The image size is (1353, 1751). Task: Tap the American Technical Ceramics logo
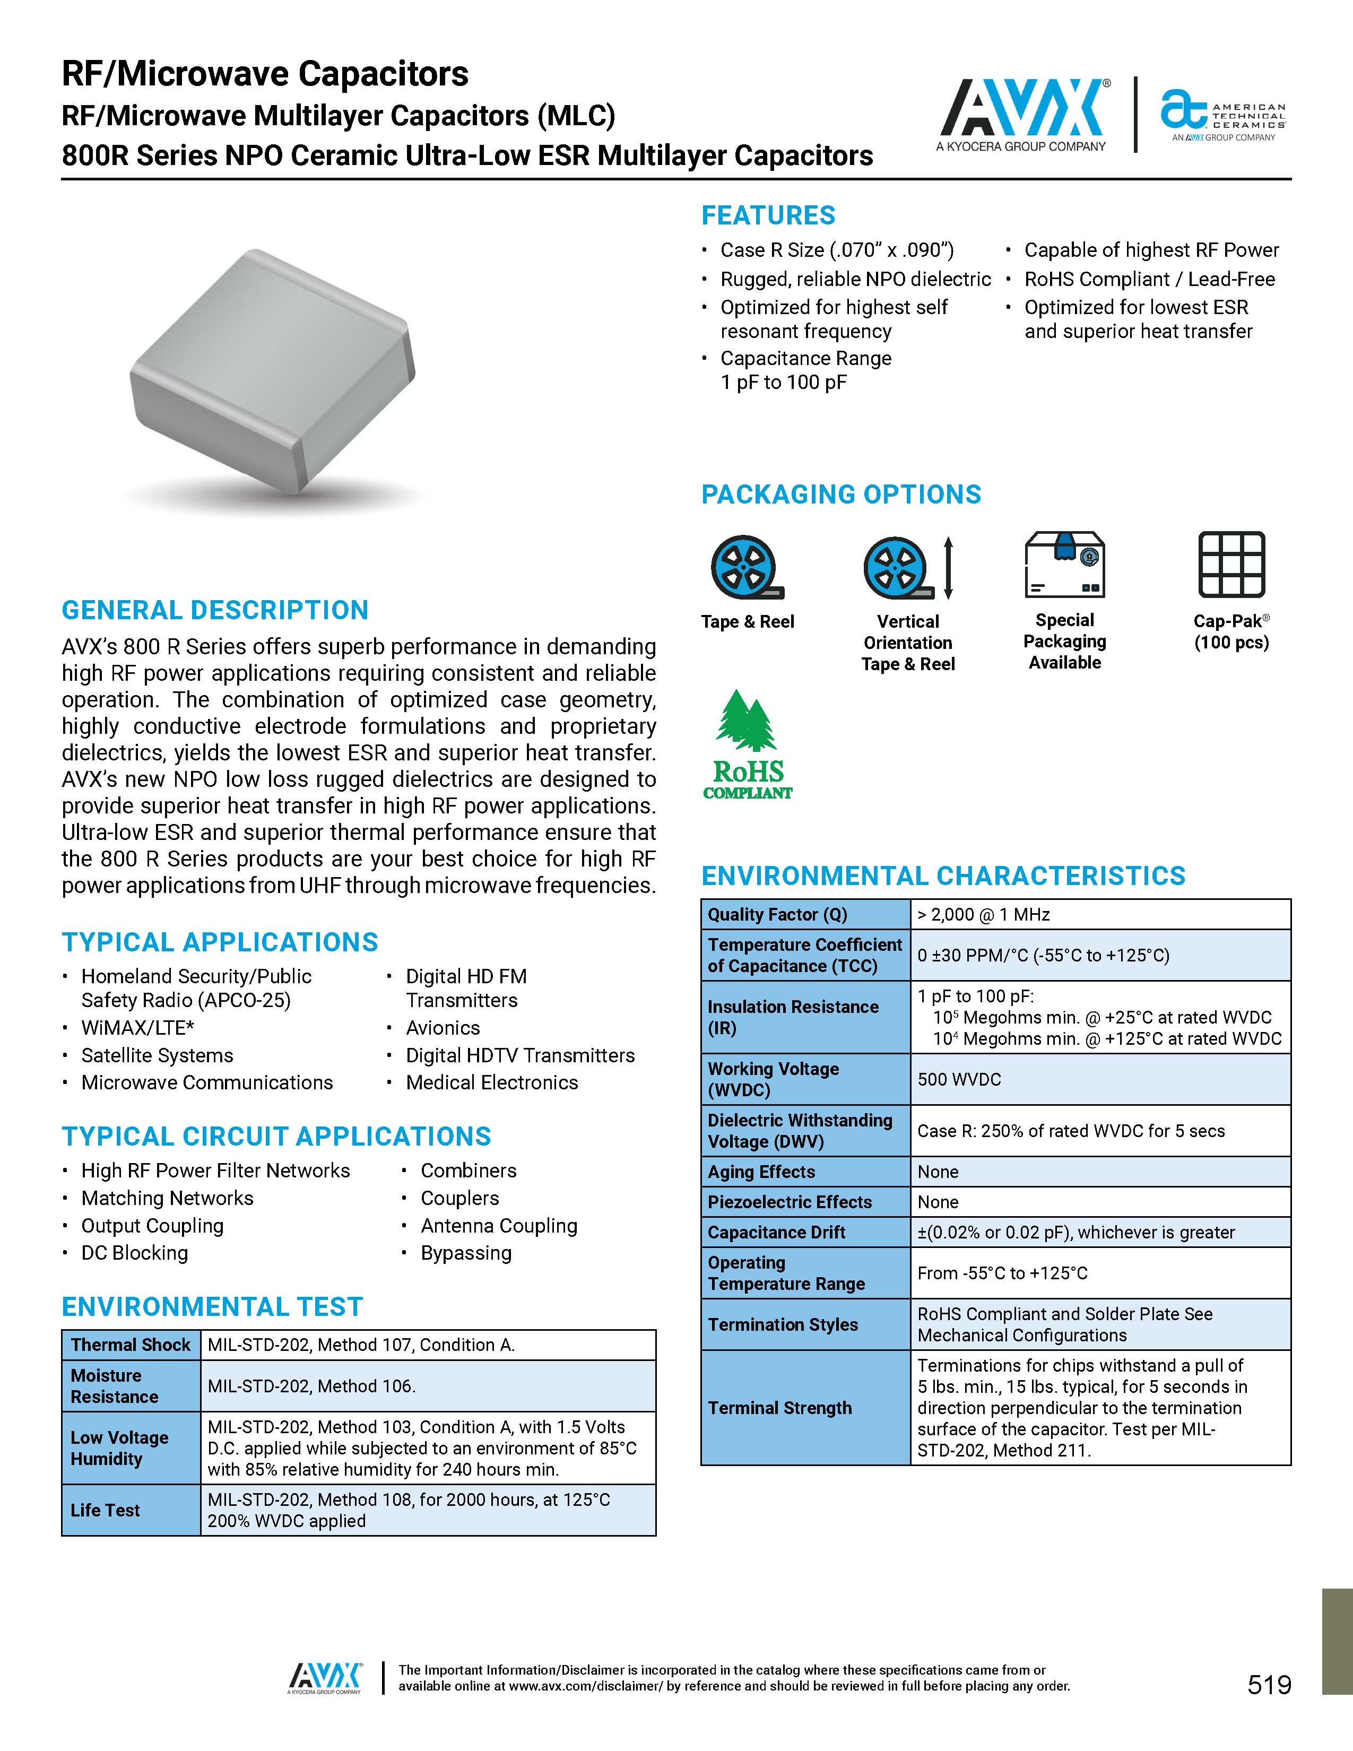1222,116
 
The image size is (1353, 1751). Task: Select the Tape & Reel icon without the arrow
746,568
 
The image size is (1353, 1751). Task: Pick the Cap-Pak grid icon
1231,565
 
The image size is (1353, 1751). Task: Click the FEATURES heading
768,215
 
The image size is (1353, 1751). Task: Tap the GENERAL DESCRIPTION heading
215,610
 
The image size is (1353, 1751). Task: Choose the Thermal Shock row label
131,1345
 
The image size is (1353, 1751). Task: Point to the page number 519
1269,1685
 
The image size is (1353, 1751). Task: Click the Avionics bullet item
443,1028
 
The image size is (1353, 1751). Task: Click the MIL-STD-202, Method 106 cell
311,1385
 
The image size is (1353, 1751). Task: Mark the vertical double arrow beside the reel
948,568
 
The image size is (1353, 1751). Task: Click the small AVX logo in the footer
325,1677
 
